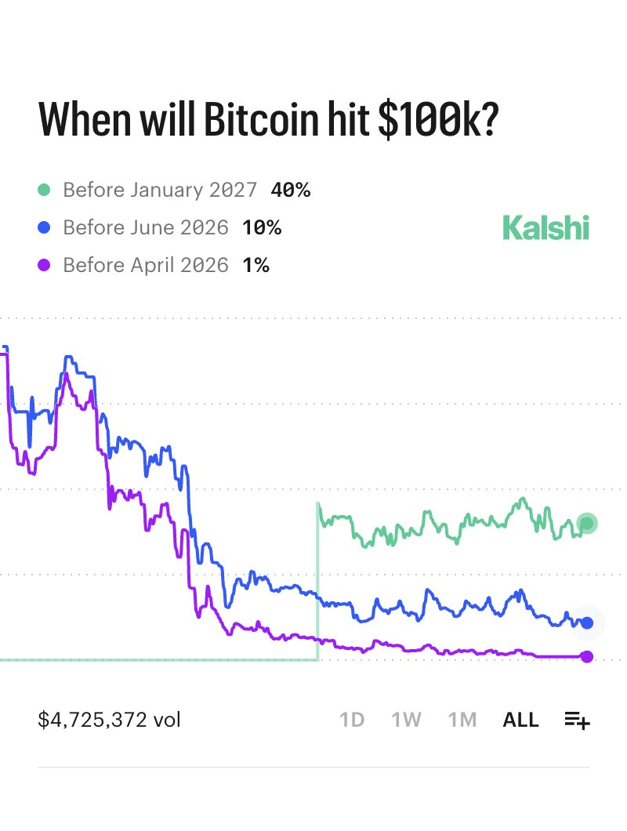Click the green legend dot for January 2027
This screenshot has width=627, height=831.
tap(45, 190)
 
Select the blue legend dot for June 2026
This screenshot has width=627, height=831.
tap(45, 227)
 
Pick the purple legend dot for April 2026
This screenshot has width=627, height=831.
tap(45, 266)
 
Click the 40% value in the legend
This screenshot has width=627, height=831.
tap(290, 190)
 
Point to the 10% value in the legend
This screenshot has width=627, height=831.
tap(261, 227)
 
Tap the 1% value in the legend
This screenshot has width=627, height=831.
tap(256, 266)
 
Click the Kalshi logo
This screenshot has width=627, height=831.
tap(545, 228)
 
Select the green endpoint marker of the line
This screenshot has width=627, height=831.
tap(587, 524)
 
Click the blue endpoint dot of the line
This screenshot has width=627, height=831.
tap(587, 623)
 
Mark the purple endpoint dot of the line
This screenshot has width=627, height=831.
tap(587, 656)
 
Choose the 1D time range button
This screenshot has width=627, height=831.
tap(352, 720)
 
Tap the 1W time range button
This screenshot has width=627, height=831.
tap(406, 720)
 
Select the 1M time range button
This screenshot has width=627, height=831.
tap(462, 720)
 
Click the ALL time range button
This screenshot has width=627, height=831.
tap(520, 720)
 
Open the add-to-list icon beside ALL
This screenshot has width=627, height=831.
tap(577, 720)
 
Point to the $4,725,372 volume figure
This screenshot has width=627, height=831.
tap(109, 720)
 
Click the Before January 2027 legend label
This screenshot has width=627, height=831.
tap(160, 190)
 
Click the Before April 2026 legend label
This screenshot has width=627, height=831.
tap(146, 266)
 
